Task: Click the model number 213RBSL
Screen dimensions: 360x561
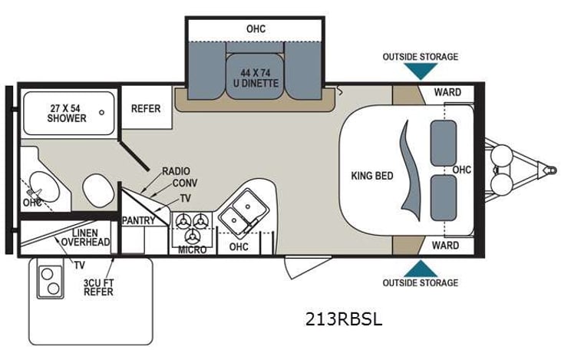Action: (345, 319)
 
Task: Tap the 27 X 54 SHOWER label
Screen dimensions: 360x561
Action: (67, 112)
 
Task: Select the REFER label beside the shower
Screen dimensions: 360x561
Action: (146, 108)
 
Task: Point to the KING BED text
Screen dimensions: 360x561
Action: (372, 176)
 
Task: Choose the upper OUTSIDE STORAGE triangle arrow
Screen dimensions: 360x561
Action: (421, 71)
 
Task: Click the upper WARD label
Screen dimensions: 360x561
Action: (447, 92)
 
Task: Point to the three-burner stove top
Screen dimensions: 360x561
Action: (192, 224)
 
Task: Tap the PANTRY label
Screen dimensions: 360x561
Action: (139, 221)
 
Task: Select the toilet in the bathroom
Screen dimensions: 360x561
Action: (97, 189)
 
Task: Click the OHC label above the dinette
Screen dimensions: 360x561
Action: (256, 28)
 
